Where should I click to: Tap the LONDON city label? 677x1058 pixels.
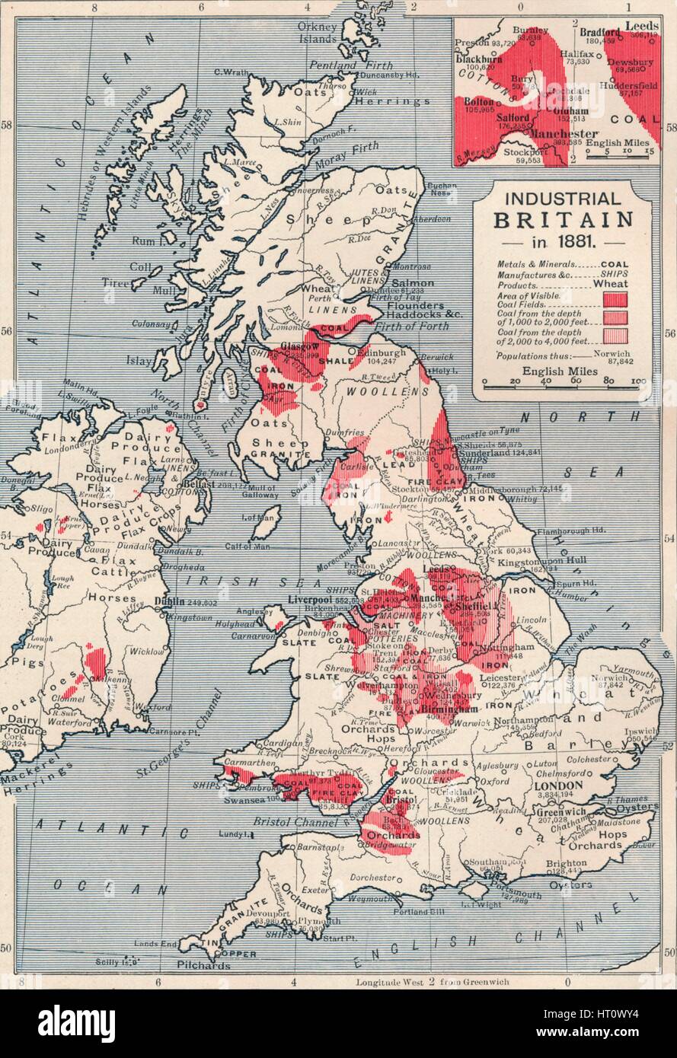click(560, 785)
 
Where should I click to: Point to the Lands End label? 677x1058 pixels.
click(155, 943)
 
